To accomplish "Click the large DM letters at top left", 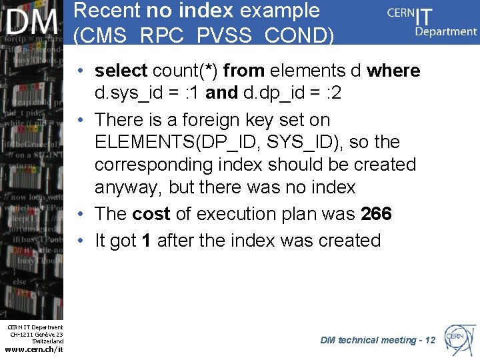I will [x=32, y=23].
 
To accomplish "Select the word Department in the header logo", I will [x=445, y=31].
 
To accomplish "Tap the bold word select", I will [x=121, y=71].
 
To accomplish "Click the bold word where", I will [x=393, y=71].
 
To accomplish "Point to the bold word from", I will [x=244, y=71].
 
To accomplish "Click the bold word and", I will [x=221, y=93].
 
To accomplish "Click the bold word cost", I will [x=151, y=214].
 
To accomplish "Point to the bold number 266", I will [x=376, y=214].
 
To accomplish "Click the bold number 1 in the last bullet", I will [x=146, y=241].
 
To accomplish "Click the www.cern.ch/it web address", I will [x=34, y=349].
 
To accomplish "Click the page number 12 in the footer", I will [x=429, y=341].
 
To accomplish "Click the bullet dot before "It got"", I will [x=80, y=241].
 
